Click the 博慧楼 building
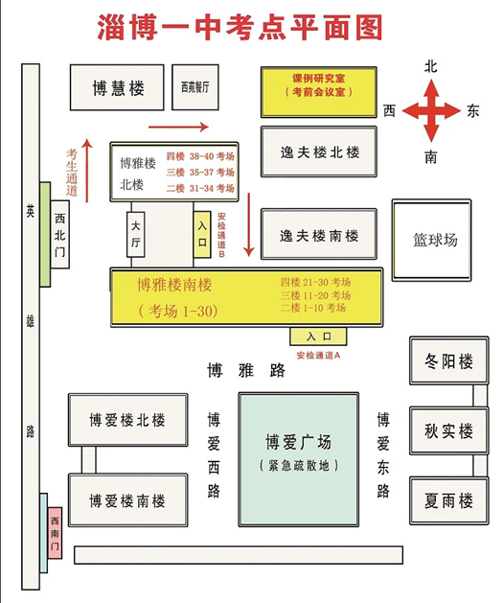(x=117, y=87)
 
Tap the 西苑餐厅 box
(x=195, y=87)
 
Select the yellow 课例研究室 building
(x=318, y=92)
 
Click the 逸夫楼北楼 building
(x=319, y=151)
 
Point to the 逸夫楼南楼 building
(x=319, y=234)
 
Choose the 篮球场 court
(x=431, y=240)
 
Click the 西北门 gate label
(x=59, y=234)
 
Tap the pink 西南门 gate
(x=55, y=533)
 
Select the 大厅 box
(x=136, y=234)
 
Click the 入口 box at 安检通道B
(x=202, y=234)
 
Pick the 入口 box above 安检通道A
(x=318, y=336)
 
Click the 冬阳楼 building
(x=448, y=360)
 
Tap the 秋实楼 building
(x=448, y=430)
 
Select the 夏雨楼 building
(x=448, y=500)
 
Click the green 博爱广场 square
(x=299, y=459)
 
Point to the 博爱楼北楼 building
(x=128, y=420)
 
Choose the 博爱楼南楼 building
(x=128, y=499)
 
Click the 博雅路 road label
(x=246, y=370)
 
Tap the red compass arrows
(x=431, y=110)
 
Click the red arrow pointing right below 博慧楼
(x=178, y=127)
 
